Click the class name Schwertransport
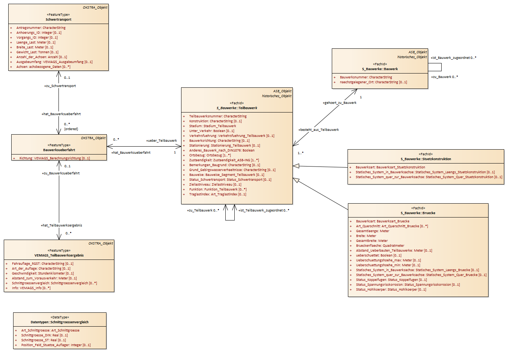(x=58, y=19)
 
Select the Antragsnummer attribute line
(x=41, y=28)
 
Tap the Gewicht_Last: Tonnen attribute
(x=37, y=52)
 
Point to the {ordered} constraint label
(x=71, y=129)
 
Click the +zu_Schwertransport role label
(x=60, y=86)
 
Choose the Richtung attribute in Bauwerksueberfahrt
(x=54, y=158)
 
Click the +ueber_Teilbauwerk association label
(x=162, y=141)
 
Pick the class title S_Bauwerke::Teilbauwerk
(x=237, y=108)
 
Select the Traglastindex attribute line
(x=218, y=194)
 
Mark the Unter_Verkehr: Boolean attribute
(x=212, y=131)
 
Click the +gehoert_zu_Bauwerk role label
(x=340, y=103)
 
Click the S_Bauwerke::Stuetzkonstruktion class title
(x=426, y=159)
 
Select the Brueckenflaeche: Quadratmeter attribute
(x=380, y=246)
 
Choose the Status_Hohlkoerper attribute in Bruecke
(x=391, y=289)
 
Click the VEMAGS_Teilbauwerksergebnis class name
(x=59, y=255)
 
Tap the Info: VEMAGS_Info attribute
(x=31, y=288)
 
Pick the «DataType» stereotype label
(x=60, y=317)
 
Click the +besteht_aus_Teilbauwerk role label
(x=318, y=130)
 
